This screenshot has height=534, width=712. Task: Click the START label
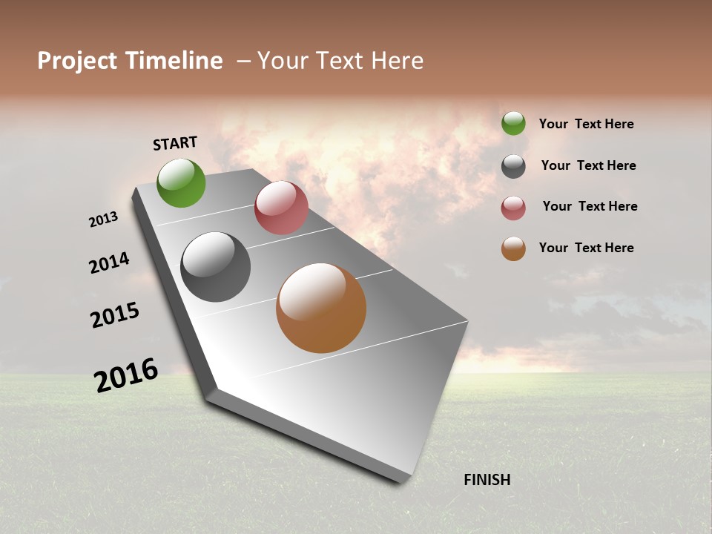175,143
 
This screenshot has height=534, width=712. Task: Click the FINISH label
487,480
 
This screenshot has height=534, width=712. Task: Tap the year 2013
103,220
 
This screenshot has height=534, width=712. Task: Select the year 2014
109,263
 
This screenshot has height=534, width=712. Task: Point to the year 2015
115,315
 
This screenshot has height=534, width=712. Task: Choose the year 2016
126,375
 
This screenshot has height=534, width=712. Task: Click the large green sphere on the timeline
182,182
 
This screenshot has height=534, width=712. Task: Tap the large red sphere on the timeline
281,208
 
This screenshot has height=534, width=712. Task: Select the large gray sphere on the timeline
216,267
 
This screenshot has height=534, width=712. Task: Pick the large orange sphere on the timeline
321,308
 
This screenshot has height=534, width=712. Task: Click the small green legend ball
513,123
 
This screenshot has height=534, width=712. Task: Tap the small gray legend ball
513,166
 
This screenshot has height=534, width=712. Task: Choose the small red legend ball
513,208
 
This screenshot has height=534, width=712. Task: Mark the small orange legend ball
513,248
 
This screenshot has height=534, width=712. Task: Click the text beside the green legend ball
586,124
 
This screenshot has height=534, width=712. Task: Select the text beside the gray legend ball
588,165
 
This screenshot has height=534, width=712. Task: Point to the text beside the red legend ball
590,206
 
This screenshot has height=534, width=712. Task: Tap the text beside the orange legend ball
586,248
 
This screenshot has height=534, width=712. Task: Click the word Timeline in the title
174,61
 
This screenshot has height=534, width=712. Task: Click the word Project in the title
77,61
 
